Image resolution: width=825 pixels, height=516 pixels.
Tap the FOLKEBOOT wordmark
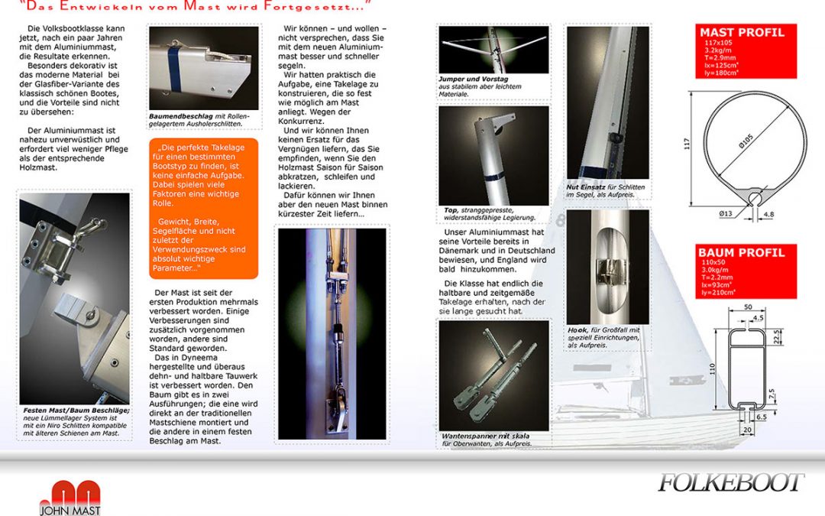730,482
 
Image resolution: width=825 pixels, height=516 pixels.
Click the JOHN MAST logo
71,498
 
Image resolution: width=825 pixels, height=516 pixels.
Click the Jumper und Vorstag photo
493,50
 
